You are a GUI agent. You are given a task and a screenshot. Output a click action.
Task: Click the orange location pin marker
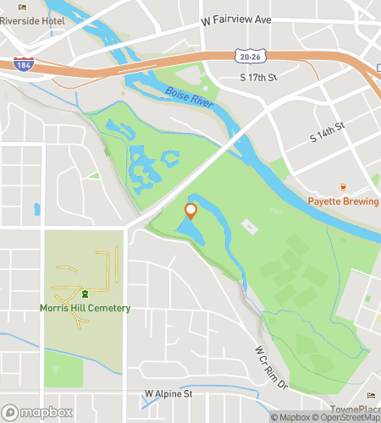[x=190, y=211]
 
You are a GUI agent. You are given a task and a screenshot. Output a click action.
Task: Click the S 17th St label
[x=259, y=78]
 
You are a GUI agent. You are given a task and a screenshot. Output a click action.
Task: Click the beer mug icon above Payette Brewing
[x=343, y=187]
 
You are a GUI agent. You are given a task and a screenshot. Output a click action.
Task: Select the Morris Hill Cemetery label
[x=85, y=308]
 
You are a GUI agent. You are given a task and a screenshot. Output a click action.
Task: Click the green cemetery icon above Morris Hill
[x=85, y=294]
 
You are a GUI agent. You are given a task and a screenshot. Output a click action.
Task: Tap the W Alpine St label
[x=168, y=393]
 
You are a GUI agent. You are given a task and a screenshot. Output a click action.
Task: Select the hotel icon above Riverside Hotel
[x=21, y=6]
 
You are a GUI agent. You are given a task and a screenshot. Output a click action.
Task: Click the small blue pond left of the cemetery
[x=37, y=209]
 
